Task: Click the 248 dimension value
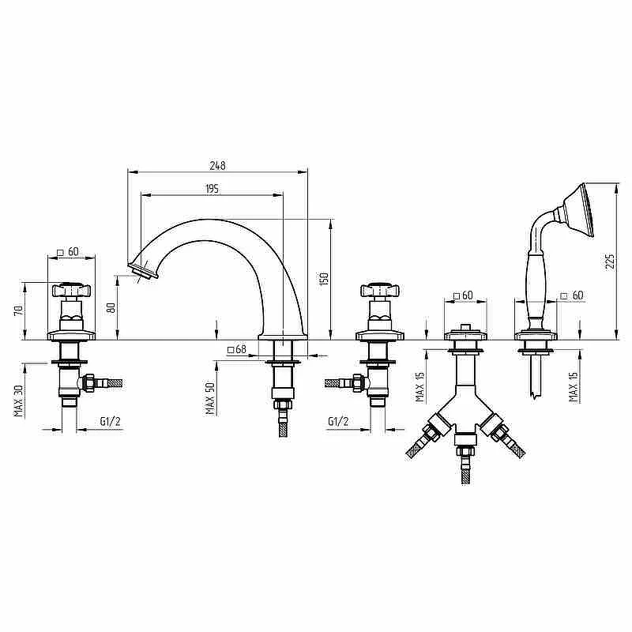point(218,166)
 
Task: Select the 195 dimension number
point(213,189)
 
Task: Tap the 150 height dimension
point(324,279)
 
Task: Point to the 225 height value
point(610,262)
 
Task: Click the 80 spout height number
point(112,307)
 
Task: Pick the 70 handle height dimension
point(18,310)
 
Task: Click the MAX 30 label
point(18,401)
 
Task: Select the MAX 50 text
point(210,398)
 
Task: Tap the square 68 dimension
point(236,349)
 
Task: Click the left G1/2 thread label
point(110,422)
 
